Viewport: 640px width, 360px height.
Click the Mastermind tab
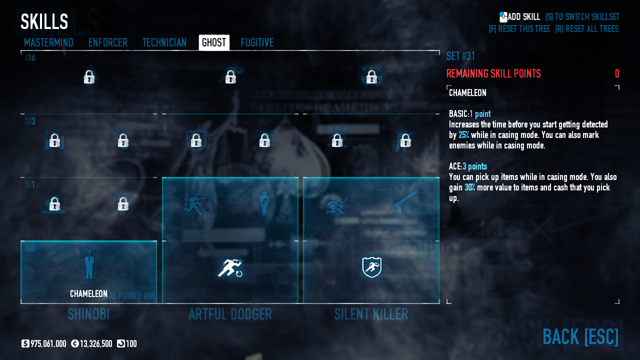coord(48,43)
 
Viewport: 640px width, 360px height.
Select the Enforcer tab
coord(107,43)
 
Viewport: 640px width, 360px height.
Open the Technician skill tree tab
coord(164,43)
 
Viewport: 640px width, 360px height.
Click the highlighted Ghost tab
coord(214,43)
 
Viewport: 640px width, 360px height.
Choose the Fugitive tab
coord(257,43)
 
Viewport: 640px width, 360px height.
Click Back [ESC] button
coord(580,337)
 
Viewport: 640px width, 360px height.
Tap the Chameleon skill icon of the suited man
coord(89,265)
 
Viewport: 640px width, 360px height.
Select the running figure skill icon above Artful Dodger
coord(230,268)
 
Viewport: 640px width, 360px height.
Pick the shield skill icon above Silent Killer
coord(371,267)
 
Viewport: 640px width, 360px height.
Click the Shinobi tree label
coord(88,314)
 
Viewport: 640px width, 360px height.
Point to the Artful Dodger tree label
coord(230,314)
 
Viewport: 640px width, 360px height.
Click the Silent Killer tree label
coord(371,314)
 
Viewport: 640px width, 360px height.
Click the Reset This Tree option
coord(519,29)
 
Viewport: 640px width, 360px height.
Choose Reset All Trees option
coord(586,29)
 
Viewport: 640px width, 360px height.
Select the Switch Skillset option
coord(582,17)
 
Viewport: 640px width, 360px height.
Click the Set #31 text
coord(460,56)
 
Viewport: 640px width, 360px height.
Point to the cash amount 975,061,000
coord(48,344)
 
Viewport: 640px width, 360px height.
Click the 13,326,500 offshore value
coord(95,344)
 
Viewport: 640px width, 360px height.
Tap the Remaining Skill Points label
coord(493,74)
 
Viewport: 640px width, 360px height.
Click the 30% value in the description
coord(470,187)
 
